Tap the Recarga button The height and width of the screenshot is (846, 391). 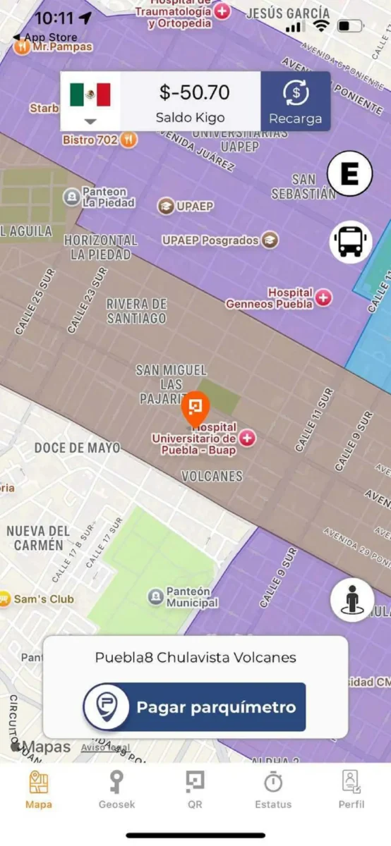[x=295, y=102]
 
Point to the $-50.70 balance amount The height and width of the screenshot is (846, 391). [x=194, y=92]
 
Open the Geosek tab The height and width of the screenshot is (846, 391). [x=116, y=789]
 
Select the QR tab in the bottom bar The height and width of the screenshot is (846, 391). [x=195, y=789]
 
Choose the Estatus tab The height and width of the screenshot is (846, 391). [x=272, y=789]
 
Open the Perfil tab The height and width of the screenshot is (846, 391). [x=351, y=789]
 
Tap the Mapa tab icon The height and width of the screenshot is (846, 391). [x=39, y=783]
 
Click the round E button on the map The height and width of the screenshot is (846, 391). [x=349, y=173]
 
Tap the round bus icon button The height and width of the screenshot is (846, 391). [x=350, y=242]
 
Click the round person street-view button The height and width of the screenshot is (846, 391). [x=351, y=600]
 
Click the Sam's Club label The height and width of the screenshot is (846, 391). [x=44, y=599]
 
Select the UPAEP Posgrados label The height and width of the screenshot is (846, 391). [x=210, y=240]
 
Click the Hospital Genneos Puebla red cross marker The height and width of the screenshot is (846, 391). [x=323, y=298]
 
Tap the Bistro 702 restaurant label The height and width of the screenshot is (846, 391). [x=90, y=140]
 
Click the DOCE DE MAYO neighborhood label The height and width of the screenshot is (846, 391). [x=77, y=448]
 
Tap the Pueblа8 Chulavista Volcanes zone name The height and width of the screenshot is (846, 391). [x=195, y=658]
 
